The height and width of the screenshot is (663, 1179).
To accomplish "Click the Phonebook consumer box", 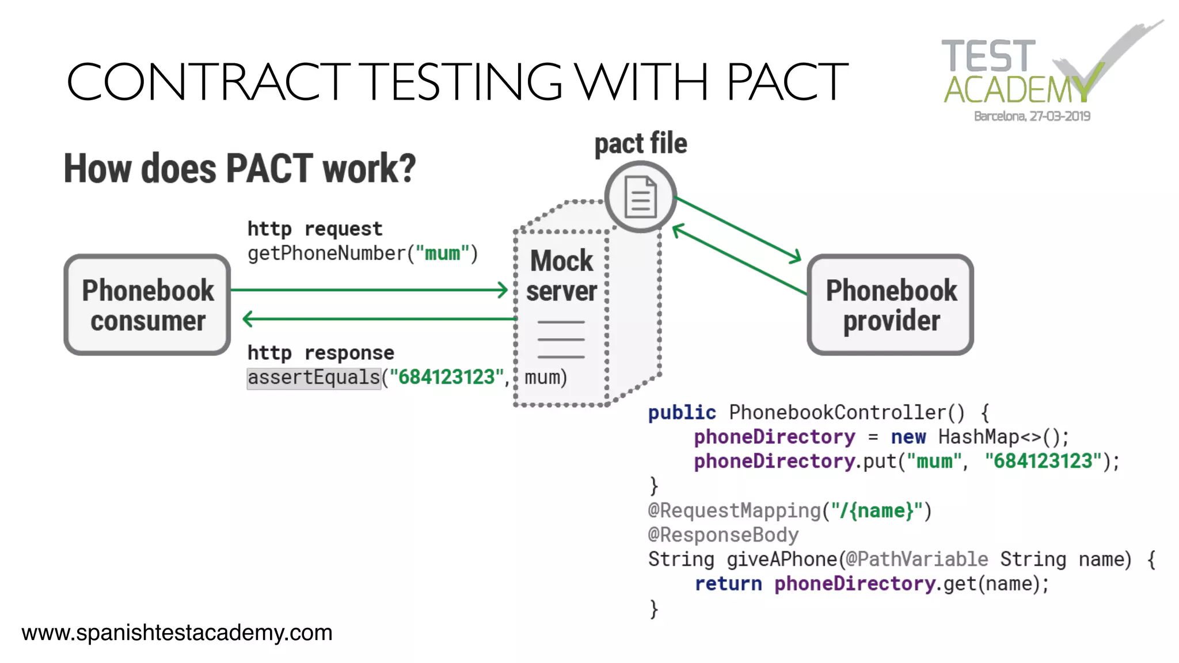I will pos(147,305).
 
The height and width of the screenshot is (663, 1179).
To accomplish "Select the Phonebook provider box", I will pos(891,305).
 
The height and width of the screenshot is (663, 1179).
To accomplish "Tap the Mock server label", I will pos(561,276).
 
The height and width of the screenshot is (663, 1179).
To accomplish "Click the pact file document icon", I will pos(641,197).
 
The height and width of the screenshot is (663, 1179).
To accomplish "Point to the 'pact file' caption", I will pos(641,143).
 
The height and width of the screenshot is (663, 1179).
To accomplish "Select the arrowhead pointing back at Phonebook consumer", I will pos(248,318).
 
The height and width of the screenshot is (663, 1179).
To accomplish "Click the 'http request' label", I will pos(314,229).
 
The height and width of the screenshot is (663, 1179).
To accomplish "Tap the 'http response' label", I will pos(321,353).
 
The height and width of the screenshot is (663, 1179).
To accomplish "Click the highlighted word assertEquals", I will pos(314,378).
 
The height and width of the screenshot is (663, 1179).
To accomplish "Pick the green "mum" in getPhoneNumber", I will pos(442,253).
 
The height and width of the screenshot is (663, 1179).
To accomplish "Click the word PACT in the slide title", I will pos(786,82).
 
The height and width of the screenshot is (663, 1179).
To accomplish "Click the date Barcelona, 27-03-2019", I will pos(1032,116).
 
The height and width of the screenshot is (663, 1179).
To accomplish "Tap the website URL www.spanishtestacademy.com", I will pos(177,633).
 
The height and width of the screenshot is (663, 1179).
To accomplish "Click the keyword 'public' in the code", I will pos(682,413).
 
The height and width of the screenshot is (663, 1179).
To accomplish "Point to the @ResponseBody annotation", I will pos(723,535).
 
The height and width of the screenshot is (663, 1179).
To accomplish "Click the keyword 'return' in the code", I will pos(728,584).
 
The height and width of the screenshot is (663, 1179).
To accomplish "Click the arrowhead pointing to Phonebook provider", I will pos(796,257).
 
